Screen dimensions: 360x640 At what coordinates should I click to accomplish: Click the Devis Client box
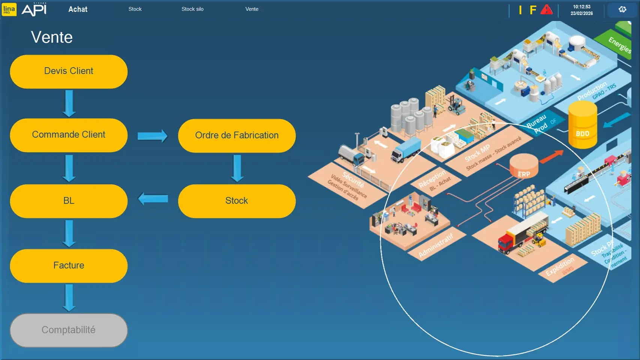(x=69, y=72)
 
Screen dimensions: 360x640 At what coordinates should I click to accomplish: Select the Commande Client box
(x=69, y=135)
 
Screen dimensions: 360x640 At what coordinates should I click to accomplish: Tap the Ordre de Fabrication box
(x=237, y=135)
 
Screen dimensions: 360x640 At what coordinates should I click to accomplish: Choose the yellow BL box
(x=69, y=201)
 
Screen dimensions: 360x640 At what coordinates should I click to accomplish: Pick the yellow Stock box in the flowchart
(x=237, y=201)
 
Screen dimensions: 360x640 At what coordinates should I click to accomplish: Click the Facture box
(x=69, y=265)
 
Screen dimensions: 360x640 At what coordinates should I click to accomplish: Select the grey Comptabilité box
(x=69, y=330)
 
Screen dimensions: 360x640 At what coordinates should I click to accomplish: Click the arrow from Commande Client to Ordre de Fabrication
(x=152, y=136)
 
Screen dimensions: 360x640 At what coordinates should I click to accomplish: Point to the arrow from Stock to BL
(x=153, y=198)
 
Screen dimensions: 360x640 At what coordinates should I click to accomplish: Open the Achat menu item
(x=78, y=9)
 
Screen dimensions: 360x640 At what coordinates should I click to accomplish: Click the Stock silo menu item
(x=192, y=9)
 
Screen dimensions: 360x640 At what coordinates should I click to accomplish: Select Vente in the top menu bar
(x=252, y=9)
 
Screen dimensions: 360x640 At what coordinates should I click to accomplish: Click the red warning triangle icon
(x=546, y=10)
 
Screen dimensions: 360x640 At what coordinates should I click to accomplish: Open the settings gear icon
(x=622, y=9)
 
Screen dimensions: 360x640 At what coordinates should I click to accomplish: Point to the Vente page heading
(x=52, y=37)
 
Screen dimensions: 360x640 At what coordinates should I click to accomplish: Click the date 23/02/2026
(x=582, y=13)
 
